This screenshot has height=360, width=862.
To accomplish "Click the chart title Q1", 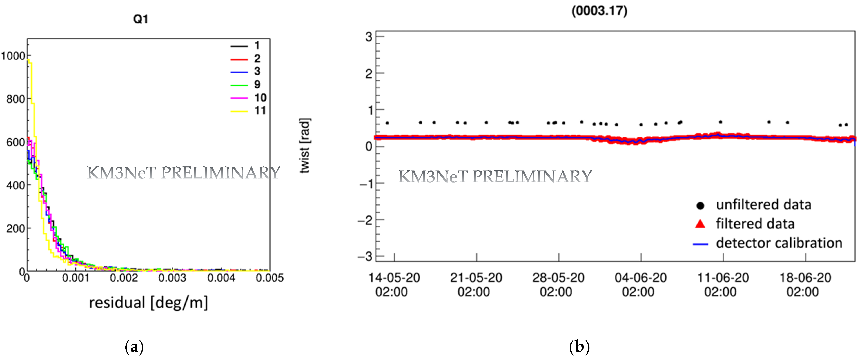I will tap(140, 19).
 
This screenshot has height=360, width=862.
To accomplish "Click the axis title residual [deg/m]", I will tap(148, 302).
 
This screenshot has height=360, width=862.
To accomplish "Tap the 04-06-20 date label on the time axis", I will tap(640, 278).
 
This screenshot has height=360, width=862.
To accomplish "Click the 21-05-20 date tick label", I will tap(476, 278).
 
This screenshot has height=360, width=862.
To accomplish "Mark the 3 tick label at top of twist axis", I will tap(369, 37).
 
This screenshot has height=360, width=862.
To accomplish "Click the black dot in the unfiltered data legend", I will tap(700, 205).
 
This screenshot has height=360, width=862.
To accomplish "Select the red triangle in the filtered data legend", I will tap(700, 224).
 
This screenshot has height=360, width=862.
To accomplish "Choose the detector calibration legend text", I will tap(779, 243).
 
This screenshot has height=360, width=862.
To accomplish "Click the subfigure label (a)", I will tap(134, 347).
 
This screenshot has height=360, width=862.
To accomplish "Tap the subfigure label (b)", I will tap(579, 347).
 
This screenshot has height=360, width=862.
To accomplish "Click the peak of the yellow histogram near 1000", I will tap(29, 60).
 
